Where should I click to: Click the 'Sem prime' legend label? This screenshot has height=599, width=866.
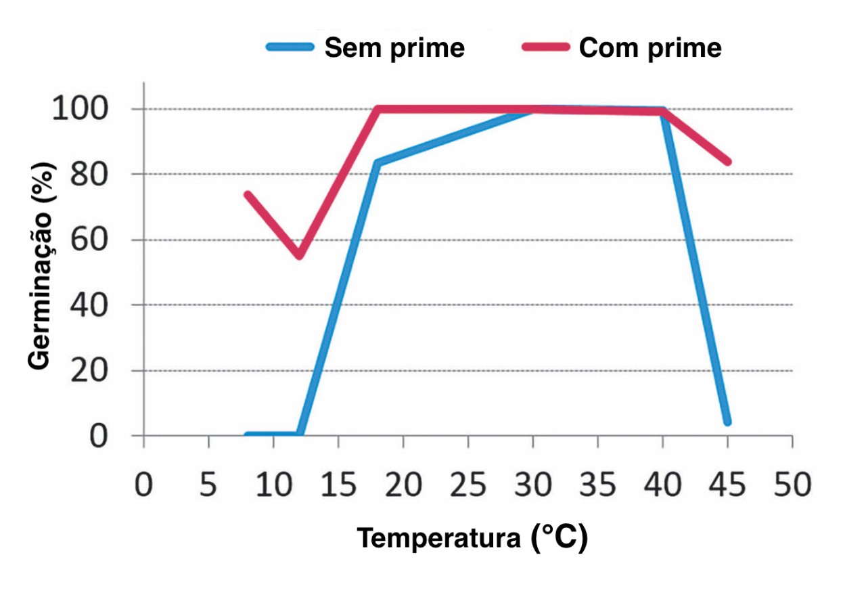[x=394, y=48]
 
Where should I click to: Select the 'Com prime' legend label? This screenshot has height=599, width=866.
[x=650, y=48]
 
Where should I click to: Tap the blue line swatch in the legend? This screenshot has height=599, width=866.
[x=290, y=47]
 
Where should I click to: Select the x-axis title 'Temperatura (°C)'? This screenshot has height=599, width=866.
[x=472, y=538]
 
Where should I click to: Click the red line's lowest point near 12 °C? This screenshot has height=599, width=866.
[x=299, y=255]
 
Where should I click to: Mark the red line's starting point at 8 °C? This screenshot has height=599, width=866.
[x=248, y=195]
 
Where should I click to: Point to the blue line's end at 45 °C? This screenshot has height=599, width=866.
[x=727, y=422]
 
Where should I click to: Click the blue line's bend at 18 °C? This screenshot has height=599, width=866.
[x=378, y=163]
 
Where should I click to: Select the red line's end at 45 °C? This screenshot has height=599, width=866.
[x=727, y=162]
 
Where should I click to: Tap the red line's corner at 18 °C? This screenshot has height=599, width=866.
[x=378, y=110]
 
